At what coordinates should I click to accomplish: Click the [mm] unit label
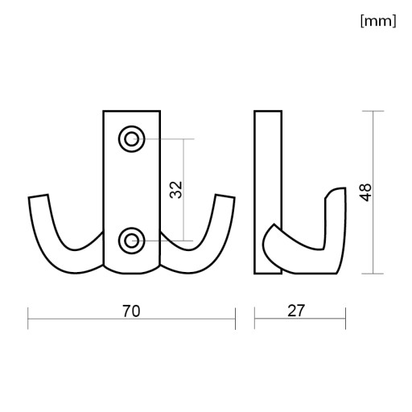click(378, 21)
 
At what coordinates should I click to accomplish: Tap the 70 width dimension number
click(131, 311)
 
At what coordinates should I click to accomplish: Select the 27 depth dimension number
click(296, 311)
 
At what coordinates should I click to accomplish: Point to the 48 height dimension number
click(365, 192)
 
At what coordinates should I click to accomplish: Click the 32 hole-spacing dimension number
click(176, 190)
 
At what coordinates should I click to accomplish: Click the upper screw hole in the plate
click(132, 139)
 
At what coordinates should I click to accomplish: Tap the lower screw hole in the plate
click(132, 241)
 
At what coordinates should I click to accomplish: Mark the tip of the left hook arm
click(39, 196)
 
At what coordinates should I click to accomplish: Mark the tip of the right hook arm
click(225, 196)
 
